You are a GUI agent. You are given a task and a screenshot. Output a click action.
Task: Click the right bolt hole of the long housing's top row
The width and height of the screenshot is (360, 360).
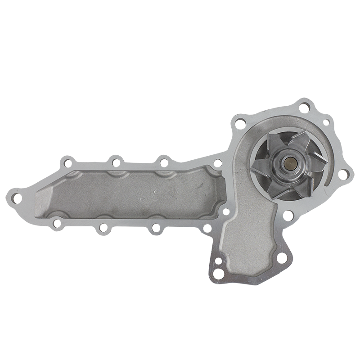click(163, 161)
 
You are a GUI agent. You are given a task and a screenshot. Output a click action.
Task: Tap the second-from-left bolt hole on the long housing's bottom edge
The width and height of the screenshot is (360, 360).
click(103, 228)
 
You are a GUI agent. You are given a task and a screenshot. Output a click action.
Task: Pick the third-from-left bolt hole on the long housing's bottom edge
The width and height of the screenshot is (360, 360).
click(155, 227)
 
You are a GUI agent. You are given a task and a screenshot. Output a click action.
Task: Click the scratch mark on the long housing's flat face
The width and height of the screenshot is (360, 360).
click(148, 198)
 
